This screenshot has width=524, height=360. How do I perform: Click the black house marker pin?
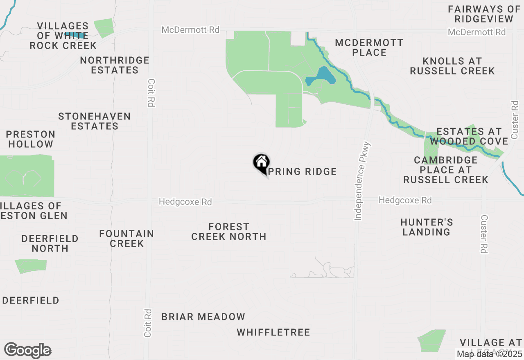click(261, 163)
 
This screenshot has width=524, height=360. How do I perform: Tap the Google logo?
click(27, 350)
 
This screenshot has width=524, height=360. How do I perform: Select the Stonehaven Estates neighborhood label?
click(95, 121)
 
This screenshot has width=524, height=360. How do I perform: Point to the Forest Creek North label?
click(229, 232)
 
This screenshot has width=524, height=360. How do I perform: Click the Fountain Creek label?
click(126, 239)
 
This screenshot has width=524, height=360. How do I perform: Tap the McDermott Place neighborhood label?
click(369, 47)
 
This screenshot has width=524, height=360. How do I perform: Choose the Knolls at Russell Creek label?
click(452, 66)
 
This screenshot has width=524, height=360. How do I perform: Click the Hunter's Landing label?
click(427, 227)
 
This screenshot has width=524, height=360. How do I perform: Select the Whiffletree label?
click(273, 332)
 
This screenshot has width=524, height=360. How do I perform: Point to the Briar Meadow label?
click(203, 317)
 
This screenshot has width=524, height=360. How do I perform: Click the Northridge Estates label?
click(115, 65)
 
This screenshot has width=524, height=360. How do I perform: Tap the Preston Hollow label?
click(31, 139)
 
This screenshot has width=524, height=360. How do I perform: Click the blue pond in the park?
click(323, 76)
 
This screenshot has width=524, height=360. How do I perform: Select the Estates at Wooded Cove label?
click(469, 136)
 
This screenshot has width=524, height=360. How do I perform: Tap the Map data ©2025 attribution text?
click(490, 354)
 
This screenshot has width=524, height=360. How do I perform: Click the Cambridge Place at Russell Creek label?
click(446, 170)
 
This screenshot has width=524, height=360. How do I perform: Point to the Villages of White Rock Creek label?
click(63, 36)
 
